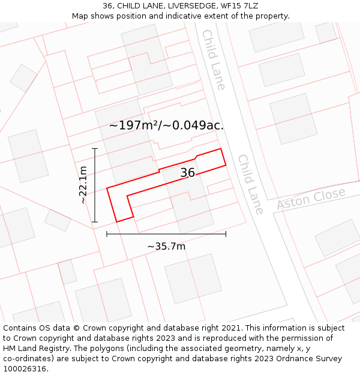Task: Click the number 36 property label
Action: [187, 173]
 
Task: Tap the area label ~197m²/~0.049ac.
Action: [166, 125]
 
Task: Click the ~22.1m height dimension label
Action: [83, 185]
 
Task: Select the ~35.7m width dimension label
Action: [166, 246]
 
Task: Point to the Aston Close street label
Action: [311, 199]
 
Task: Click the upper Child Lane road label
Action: [214, 60]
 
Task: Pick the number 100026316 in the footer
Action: [25, 369]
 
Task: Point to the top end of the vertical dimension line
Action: [95, 148]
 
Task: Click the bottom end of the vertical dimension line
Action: [95, 222]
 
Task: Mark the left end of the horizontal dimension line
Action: [107, 234]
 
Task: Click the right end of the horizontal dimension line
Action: [226, 234]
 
